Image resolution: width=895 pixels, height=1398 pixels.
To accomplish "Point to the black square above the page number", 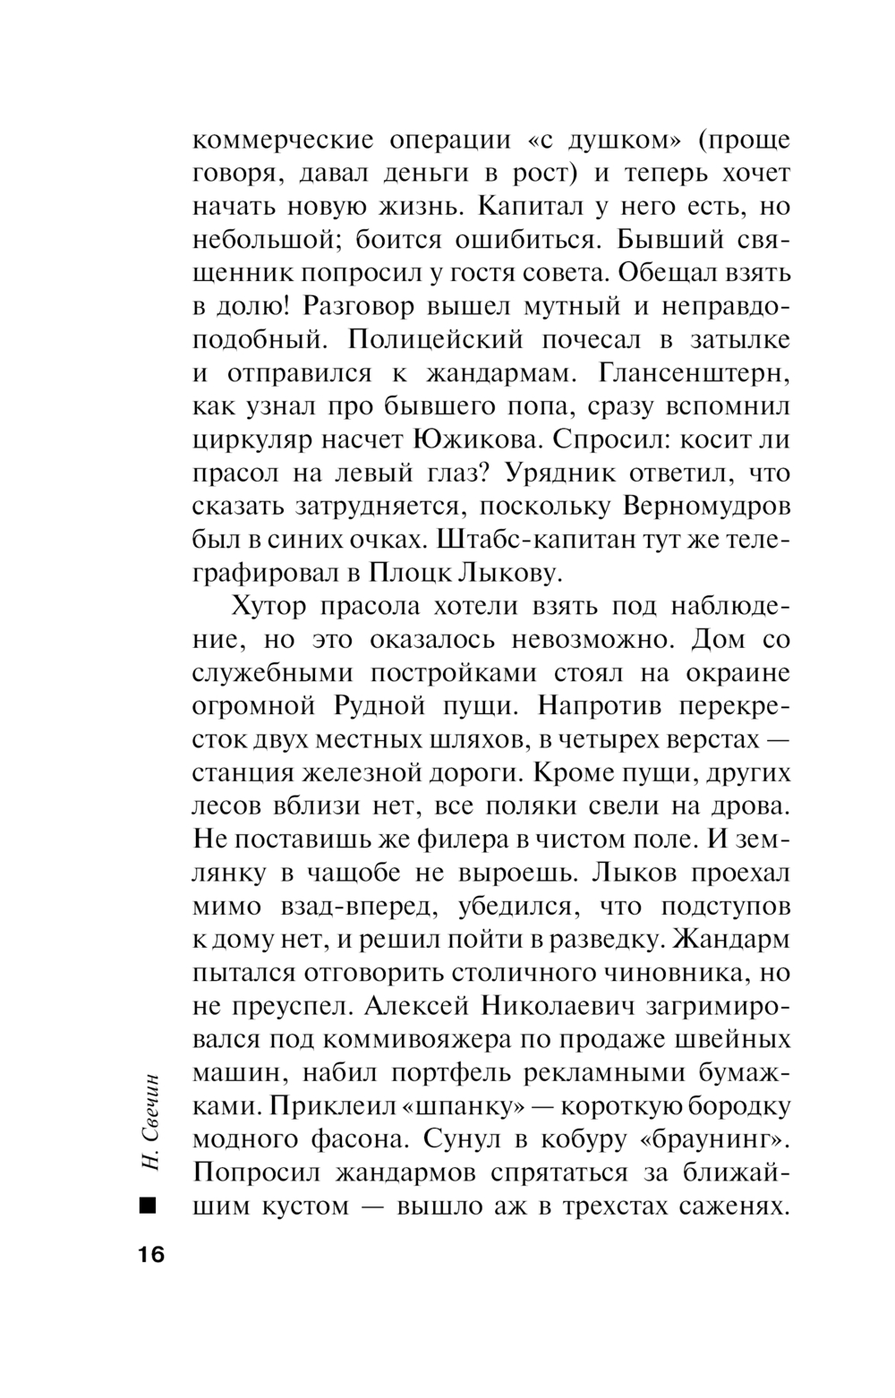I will [148, 1205].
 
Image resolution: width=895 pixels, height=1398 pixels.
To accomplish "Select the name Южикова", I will [475, 439].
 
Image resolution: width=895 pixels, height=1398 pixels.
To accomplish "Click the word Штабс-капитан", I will [527, 540].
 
